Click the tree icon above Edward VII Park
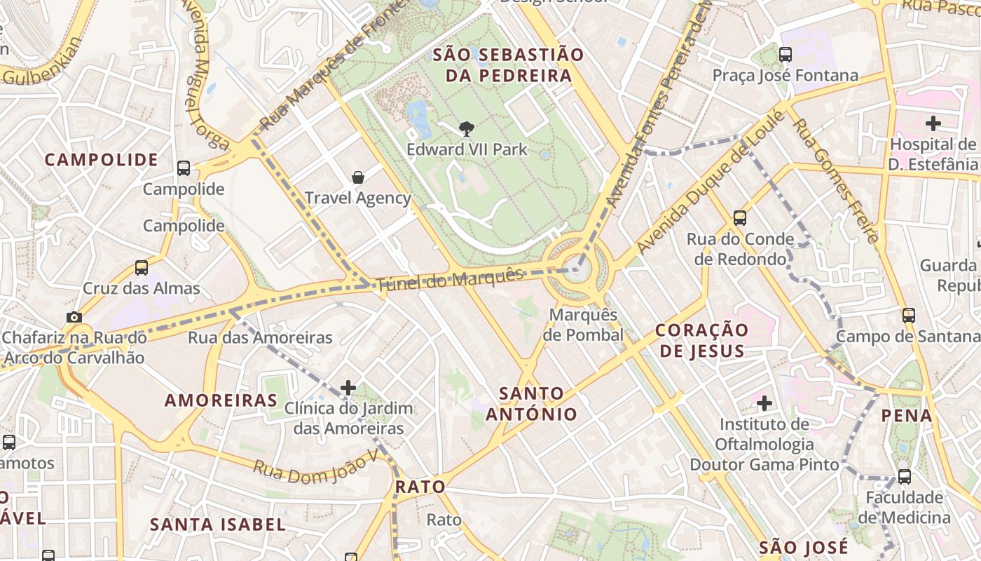[x=466, y=129]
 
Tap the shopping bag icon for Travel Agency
[x=358, y=177]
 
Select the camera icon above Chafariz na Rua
[x=74, y=318]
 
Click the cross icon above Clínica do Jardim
[x=348, y=387]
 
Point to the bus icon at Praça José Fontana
[x=786, y=55]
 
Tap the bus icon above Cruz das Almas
[x=142, y=268]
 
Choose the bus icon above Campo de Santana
[x=909, y=316]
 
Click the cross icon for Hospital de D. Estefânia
[x=933, y=124]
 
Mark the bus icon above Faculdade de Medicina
[x=905, y=477]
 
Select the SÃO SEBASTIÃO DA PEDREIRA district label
[x=508, y=65]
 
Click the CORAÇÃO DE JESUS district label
[x=702, y=340]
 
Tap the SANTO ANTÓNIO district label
[x=532, y=403]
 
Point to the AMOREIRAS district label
[x=221, y=400]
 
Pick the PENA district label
[x=907, y=415]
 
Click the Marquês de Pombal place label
[x=583, y=325]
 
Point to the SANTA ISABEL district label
[x=218, y=525]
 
